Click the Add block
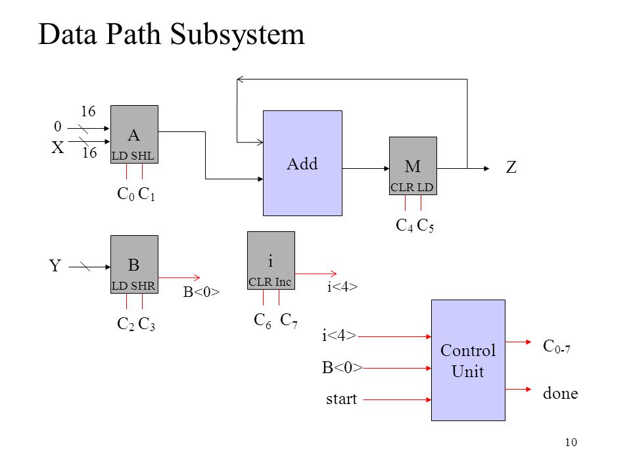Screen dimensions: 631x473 302,164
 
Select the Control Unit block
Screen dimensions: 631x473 468,361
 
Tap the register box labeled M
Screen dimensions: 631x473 413,166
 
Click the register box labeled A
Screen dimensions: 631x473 134,134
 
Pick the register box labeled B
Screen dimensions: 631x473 134,264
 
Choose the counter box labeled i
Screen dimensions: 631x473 271,260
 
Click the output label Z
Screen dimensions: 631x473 511,168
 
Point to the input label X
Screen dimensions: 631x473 58,148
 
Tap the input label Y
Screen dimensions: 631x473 55,265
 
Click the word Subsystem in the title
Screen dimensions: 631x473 237,35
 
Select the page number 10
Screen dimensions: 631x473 571,442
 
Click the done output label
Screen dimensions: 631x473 560,393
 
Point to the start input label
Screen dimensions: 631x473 341,399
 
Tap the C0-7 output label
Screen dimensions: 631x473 557,346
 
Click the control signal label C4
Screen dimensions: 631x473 404,225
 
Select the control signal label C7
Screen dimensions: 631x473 289,321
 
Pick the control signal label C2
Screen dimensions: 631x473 126,324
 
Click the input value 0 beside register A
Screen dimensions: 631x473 58,126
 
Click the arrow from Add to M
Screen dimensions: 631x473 366,169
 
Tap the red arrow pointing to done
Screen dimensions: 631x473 519,390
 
